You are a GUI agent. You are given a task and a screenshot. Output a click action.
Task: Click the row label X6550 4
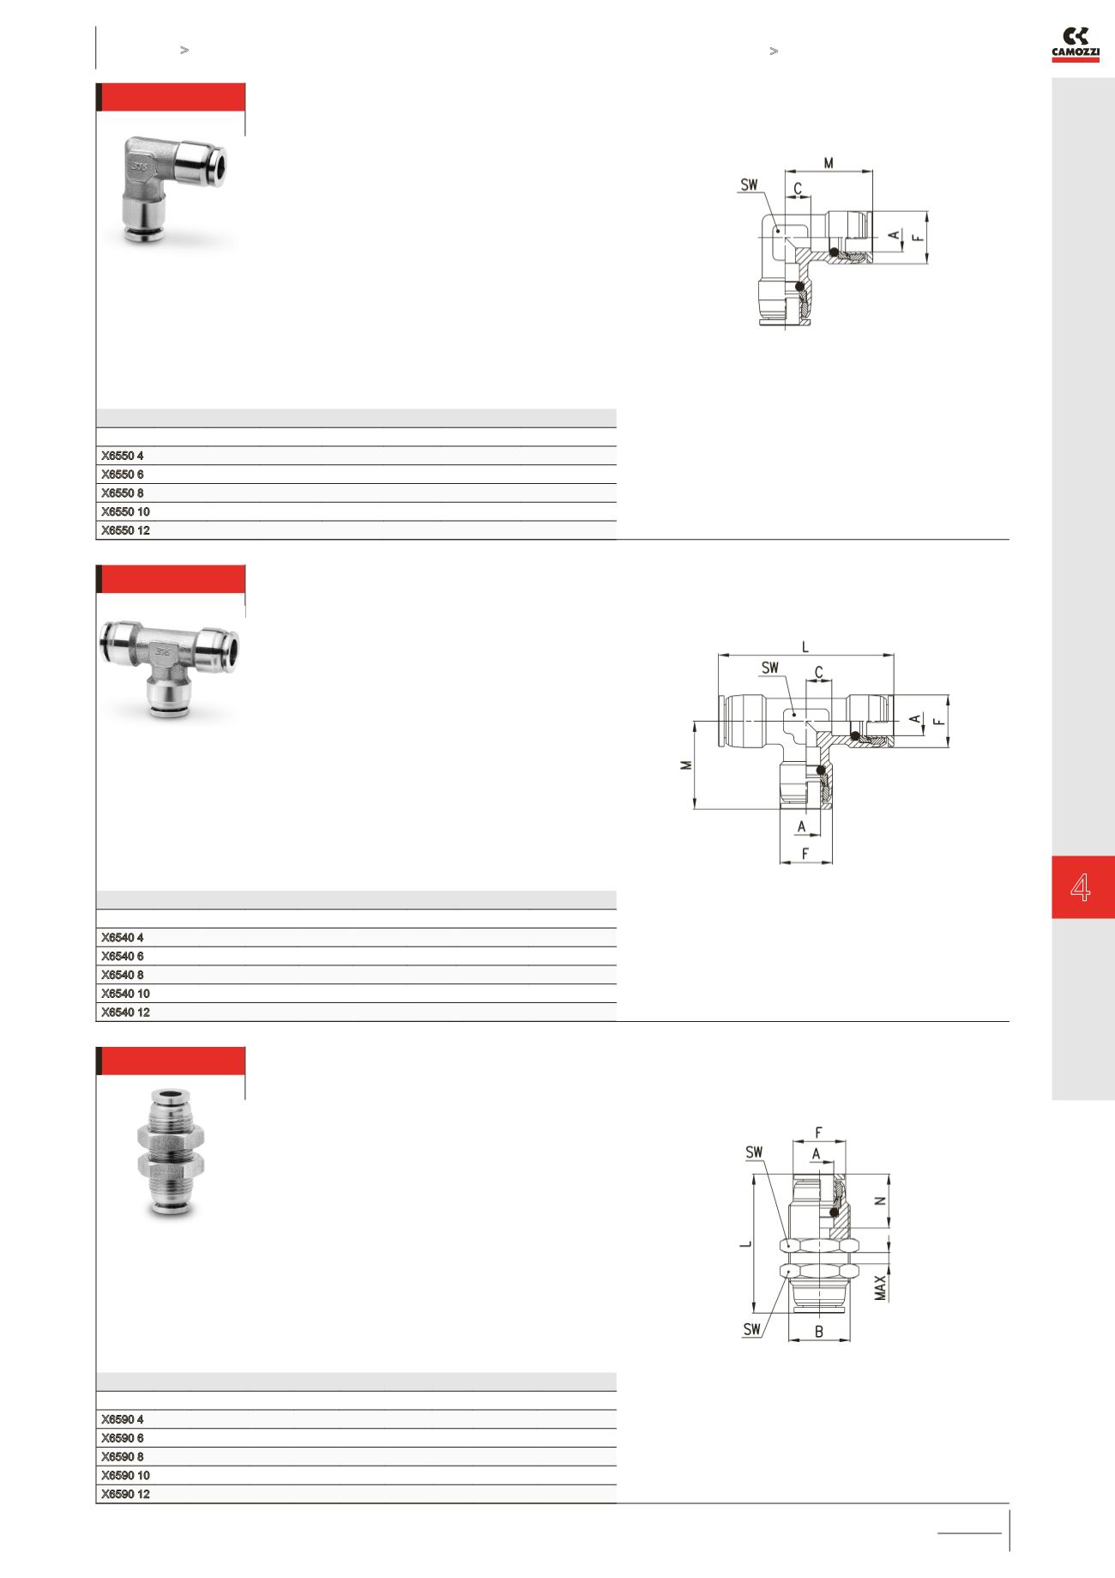122,456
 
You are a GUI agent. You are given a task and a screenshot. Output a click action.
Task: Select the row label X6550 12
125,530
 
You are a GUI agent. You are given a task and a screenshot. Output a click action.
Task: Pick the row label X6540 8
122,975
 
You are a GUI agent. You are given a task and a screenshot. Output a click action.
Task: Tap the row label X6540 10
125,994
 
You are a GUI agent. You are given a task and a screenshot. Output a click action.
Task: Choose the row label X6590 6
122,1438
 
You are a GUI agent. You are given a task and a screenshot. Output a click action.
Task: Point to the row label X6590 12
125,1494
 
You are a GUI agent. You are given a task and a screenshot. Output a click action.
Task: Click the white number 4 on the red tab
1081,887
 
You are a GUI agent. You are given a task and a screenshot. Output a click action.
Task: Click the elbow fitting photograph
172,189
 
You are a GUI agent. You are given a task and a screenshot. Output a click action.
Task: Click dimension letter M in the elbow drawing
829,163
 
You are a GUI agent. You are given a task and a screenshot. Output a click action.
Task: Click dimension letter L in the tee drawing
805,647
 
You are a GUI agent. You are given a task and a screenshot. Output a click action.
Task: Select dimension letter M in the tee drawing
686,765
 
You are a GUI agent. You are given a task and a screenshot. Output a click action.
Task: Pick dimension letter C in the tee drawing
819,673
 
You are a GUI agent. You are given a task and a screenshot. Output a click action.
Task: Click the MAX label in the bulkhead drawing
881,1287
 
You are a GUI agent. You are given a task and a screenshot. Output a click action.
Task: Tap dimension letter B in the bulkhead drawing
819,1332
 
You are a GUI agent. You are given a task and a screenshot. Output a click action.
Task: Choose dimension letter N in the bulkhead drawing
880,1201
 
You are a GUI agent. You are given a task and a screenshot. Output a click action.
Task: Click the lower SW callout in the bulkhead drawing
752,1329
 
